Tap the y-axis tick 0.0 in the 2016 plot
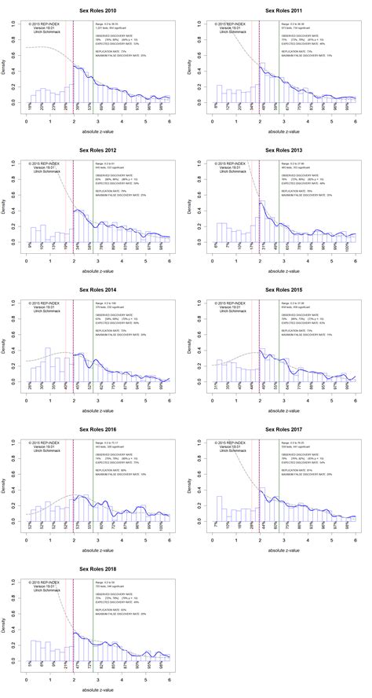14,522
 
